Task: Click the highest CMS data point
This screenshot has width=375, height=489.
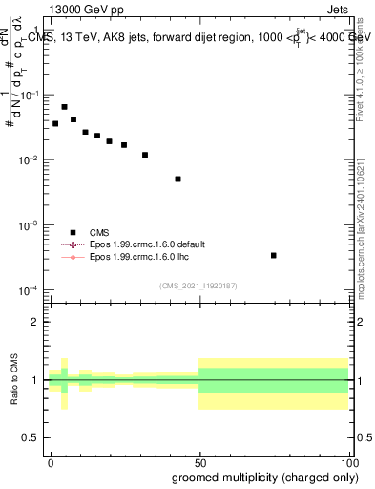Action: click(x=64, y=107)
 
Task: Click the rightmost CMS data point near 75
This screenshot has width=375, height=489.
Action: click(x=274, y=255)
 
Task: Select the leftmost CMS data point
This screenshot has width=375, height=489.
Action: click(x=55, y=123)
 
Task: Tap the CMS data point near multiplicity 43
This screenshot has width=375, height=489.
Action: click(x=177, y=179)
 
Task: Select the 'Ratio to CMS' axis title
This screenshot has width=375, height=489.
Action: click(x=12, y=380)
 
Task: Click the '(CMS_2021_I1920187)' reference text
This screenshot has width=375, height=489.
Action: click(x=198, y=285)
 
